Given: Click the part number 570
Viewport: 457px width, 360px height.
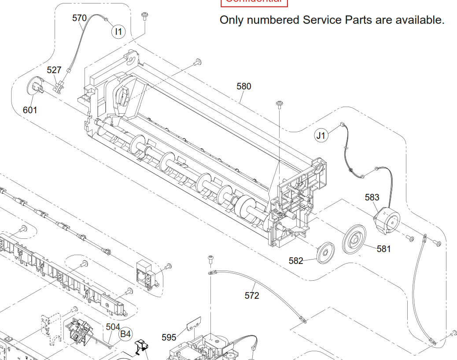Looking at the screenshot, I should [79, 18].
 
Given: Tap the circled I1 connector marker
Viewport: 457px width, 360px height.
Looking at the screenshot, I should [118, 32].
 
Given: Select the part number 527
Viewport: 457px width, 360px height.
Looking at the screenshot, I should [54, 70].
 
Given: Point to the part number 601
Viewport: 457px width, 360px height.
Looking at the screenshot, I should [30, 110].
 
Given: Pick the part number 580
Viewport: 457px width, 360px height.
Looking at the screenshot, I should [243, 86].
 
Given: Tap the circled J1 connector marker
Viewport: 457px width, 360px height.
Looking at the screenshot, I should [321, 135].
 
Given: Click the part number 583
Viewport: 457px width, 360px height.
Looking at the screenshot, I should [372, 197].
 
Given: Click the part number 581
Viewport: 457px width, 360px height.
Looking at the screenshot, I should [383, 249].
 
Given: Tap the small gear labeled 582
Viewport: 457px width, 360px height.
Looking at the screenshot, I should [325, 252].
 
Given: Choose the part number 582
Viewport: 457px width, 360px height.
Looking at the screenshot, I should [296, 261].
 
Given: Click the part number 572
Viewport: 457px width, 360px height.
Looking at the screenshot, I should [252, 296].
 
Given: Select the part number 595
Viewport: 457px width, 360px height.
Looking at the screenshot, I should [169, 338].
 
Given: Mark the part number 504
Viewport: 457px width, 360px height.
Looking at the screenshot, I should [113, 327].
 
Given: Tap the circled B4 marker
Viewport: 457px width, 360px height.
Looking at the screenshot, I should [126, 334].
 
